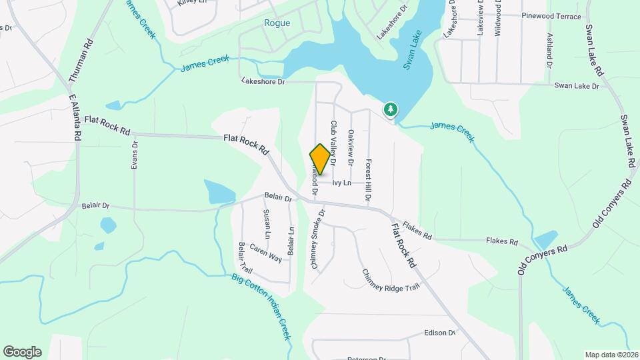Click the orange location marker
320,159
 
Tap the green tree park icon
389,109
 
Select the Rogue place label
277,23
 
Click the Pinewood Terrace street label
551,16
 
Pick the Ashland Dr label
550,51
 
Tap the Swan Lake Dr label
577,86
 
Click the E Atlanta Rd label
75,116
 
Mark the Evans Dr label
135,155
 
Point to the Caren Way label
265,253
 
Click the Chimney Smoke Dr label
317,239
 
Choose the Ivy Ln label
341,183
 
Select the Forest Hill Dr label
367,181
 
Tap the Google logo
22,352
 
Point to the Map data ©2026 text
611,355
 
